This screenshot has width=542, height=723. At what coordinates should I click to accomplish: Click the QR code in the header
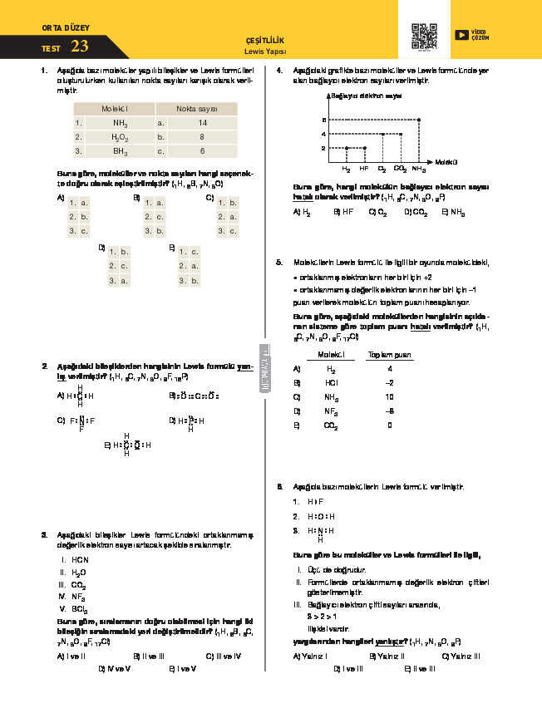pos(424,36)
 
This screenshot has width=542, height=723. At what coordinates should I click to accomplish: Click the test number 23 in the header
pos(80,46)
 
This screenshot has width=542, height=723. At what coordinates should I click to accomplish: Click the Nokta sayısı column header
pos(196,109)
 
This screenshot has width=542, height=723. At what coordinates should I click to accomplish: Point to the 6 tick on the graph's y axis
pos(323,120)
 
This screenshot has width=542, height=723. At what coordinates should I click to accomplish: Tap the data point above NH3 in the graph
pos(418,120)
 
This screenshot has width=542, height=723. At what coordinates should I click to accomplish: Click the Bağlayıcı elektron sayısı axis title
pos(367,96)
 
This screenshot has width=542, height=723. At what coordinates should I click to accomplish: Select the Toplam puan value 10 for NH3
pos(390,397)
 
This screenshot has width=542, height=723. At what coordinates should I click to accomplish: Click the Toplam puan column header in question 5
pos(390,355)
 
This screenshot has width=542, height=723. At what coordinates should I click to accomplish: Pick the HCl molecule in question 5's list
pos(331,383)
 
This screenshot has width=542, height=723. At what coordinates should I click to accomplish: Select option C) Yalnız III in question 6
pos(461,656)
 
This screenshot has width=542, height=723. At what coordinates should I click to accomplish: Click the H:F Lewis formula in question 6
pos(314,502)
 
